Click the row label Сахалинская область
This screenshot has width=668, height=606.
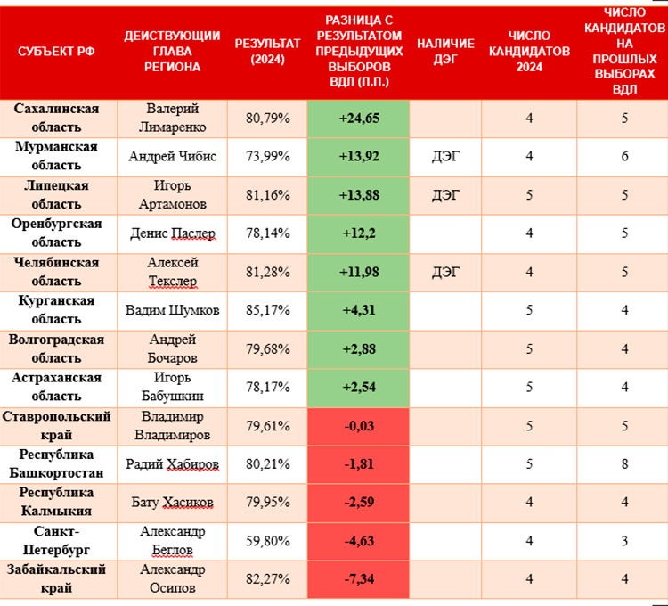[x=57, y=117]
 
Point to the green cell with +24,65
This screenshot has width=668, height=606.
[x=358, y=118]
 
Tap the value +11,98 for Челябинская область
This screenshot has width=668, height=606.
[x=358, y=272]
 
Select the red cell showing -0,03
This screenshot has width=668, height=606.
[x=358, y=426]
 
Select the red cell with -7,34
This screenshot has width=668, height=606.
[x=358, y=579]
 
